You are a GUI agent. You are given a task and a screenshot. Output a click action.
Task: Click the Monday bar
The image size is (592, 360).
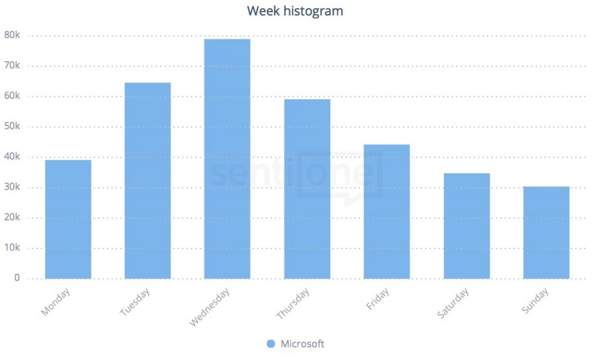pyautogui.click(x=68, y=219)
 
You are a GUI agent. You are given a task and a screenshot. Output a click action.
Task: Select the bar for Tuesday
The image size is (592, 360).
pyautogui.click(x=147, y=180)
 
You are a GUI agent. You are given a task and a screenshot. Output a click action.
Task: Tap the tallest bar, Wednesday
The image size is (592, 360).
pyautogui.click(x=227, y=159)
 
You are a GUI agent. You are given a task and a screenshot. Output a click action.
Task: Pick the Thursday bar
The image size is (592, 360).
pyautogui.click(x=307, y=189)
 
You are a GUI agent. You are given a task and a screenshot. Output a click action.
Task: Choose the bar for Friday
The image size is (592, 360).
pyautogui.click(x=387, y=211)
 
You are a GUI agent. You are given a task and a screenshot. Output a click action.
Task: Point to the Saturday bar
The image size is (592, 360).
pyautogui.click(x=467, y=226)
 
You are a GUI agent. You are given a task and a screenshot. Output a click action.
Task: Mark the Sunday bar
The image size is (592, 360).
pyautogui.click(x=546, y=232)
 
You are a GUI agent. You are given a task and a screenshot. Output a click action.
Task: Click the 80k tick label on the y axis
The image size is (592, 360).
pyautogui.click(x=12, y=35)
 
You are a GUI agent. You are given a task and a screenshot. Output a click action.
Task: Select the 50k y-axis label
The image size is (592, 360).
pyautogui.click(x=12, y=127)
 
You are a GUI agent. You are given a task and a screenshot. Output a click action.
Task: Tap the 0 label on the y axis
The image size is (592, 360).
pyautogui.click(x=17, y=278)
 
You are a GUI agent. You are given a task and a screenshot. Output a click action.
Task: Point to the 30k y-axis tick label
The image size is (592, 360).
pyautogui.click(x=12, y=187)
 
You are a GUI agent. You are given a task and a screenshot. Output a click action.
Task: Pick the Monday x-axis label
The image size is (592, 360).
pyautogui.click(x=55, y=302)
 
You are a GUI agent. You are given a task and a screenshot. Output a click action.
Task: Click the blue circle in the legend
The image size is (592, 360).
pyautogui.click(x=271, y=344)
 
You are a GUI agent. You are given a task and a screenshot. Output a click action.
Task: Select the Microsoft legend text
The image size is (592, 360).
pyautogui.click(x=302, y=344)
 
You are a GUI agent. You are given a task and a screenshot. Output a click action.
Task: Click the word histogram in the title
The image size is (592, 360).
pyautogui.click(x=313, y=11)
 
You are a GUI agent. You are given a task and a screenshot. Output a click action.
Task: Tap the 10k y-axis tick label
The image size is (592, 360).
pyautogui.click(x=12, y=248)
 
